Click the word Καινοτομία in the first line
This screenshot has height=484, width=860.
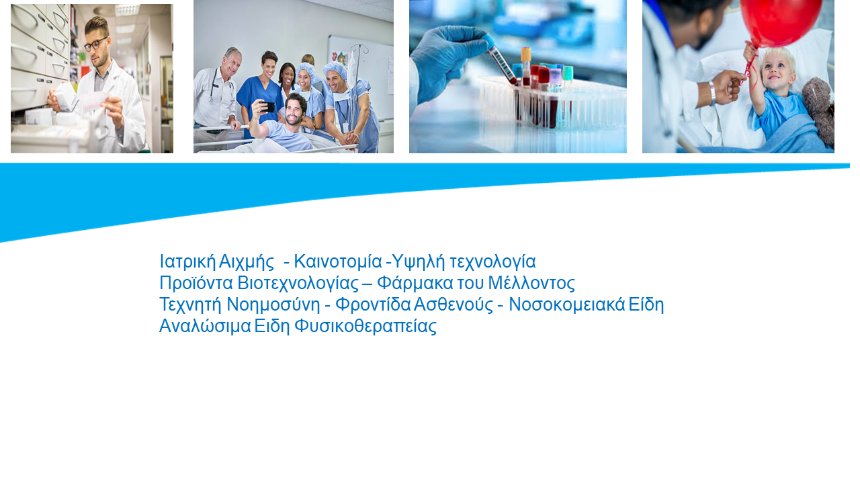[x=338, y=261]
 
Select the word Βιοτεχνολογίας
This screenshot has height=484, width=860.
[x=298, y=284]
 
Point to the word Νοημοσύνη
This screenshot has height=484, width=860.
[x=273, y=305]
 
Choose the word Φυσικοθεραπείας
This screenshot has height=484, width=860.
[x=365, y=327]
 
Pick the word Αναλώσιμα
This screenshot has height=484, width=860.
[x=205, y=327]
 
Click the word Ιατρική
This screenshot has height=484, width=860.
[x=187, y=262]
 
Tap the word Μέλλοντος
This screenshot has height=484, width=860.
[x=531, y=284]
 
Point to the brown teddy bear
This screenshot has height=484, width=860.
[x=819, y=110]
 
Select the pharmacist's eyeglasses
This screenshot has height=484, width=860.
[x=95, y=44]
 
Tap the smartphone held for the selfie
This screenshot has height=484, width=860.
[x=267, y=107]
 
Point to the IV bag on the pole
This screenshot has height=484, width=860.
[x=351, y=67]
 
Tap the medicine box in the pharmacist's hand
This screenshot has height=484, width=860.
[x=65, y=96]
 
